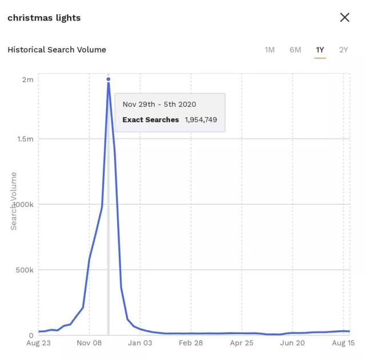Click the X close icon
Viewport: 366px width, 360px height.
pos(344,17)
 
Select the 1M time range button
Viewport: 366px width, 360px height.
pos(269,50)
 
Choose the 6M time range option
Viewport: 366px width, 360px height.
pos(295,50)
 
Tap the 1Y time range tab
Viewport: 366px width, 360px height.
pos(320,50)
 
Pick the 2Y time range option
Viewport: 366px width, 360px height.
pos(343,50)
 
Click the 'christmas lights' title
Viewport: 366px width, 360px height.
pos(44,18)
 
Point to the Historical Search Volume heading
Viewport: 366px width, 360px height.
pos(57,49)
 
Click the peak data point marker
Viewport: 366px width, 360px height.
pos(108,80)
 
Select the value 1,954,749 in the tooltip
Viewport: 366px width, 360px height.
pos(201,120)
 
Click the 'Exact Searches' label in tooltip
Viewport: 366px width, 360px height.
pos(150,120)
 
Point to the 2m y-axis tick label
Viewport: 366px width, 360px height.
pos(27,80)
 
